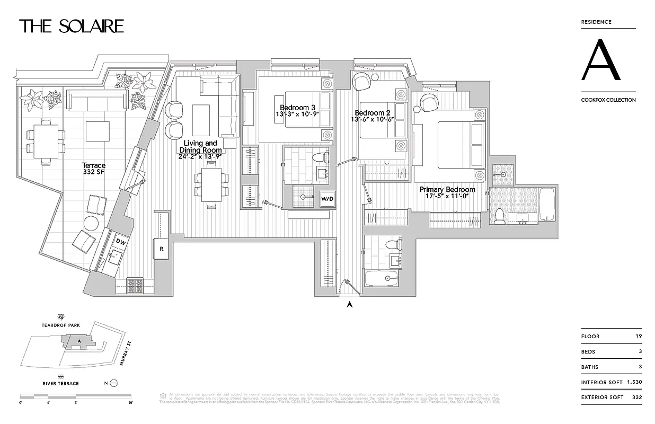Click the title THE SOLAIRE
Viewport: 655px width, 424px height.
(x=72, y=26)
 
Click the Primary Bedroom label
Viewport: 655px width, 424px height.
(x=447, y=192)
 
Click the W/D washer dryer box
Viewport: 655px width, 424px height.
(x=327, y=199)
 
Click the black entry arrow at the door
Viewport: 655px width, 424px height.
(x=349, y=304)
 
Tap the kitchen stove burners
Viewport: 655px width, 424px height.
(x=135, y=286)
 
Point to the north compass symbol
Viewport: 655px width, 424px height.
(x=113, y=383)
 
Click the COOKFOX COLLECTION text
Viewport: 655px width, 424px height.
(x=608, y=100)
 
